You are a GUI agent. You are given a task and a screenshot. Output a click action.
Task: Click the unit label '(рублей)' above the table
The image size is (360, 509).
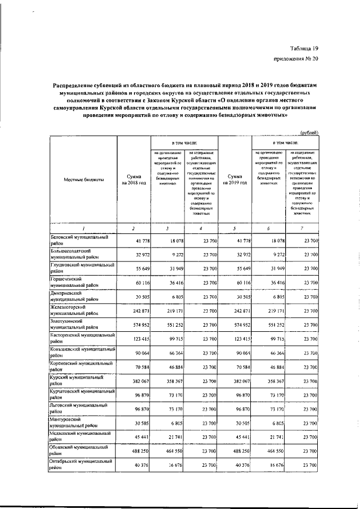(x=308, y=133)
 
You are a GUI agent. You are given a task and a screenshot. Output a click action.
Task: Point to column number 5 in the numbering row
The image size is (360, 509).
(x=235, y=228)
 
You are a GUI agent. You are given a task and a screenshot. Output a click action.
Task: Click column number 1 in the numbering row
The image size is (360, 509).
(x=83, y=228)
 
